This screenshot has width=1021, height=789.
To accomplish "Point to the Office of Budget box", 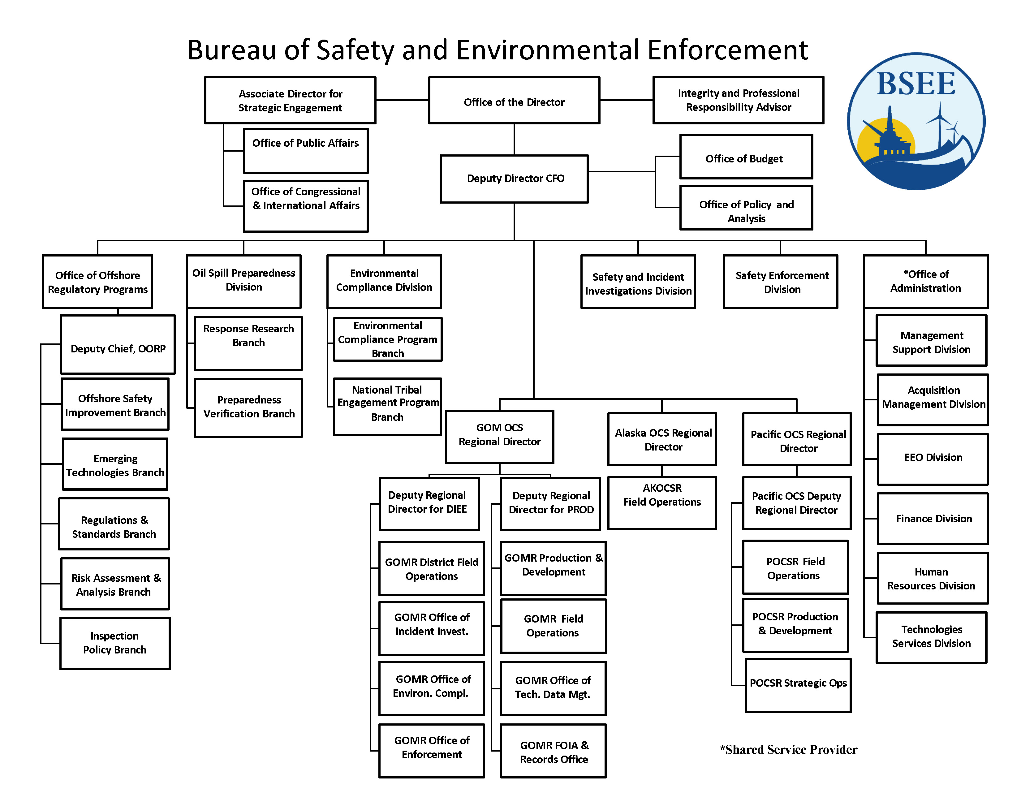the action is click(746, 157).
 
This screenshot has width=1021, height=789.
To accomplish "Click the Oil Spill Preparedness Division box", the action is click(243, 281).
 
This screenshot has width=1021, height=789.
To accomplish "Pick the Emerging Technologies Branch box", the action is click(115, 464).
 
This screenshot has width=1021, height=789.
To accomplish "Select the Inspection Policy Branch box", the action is click(115, 644).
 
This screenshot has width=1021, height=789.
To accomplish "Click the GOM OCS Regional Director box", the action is click(500, 437).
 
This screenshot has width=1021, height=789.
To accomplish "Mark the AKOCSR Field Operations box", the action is click(662, 503).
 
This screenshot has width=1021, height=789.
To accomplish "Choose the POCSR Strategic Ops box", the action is click(798, 686).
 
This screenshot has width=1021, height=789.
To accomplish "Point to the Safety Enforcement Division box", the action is click(780, 281).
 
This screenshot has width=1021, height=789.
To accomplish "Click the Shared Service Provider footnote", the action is click(789, 750).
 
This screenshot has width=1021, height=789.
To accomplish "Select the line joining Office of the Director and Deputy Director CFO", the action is click(514, 139).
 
